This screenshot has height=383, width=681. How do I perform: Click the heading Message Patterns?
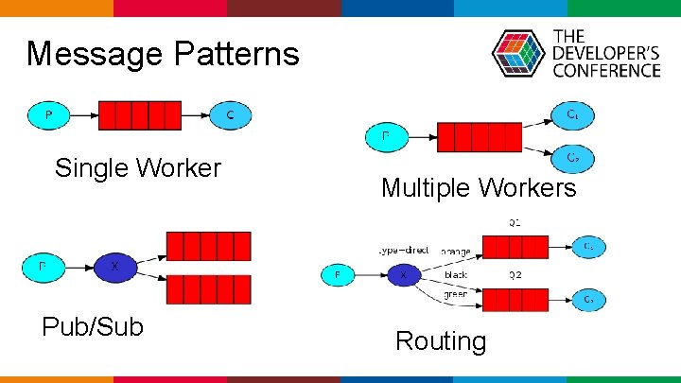tap(163, 54)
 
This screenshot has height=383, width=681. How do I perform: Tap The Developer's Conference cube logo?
tap(518, 53)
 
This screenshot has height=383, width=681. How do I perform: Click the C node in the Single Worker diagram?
tap(231, 115)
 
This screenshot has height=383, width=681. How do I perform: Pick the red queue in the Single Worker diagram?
tap(140, 115)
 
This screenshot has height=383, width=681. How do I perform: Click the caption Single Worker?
tap(138, 168)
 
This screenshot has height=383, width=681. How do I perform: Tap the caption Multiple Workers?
tap(479, 188)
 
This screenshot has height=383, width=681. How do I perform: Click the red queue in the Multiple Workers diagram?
tap(479, 137)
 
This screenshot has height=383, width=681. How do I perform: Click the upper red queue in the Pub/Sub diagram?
tap(208, 246)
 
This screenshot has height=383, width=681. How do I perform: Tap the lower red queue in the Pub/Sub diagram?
tap(208, 288)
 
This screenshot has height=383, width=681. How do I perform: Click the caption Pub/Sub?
tap(93, 327)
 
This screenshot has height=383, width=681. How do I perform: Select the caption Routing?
tap(441, 340)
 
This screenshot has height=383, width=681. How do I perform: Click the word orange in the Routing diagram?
tap(456, 252)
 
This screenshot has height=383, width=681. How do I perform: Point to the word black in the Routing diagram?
tap(456, 274)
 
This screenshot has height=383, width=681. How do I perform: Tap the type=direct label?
tap(403, 251)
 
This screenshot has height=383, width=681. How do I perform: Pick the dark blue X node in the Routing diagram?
tap(404, 274)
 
